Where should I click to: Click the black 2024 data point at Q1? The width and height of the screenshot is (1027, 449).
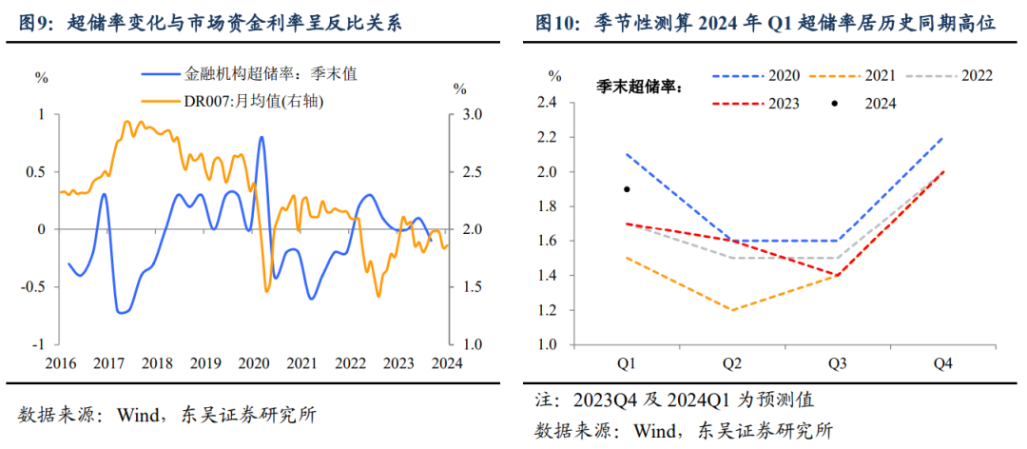tap(627, 189)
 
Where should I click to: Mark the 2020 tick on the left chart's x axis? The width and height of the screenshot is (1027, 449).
tap(254, 362)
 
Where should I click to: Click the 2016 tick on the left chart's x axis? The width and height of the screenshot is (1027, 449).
tap(62, 362)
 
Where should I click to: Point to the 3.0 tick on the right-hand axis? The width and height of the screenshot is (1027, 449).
tap(472, 115)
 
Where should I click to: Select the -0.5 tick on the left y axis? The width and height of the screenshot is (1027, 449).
tap(34, 287)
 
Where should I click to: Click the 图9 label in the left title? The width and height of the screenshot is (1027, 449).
tap(34, 23)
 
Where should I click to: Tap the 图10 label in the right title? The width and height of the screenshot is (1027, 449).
tap(557, 23)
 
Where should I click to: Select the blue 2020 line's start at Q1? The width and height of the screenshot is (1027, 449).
tap(628, 154)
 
